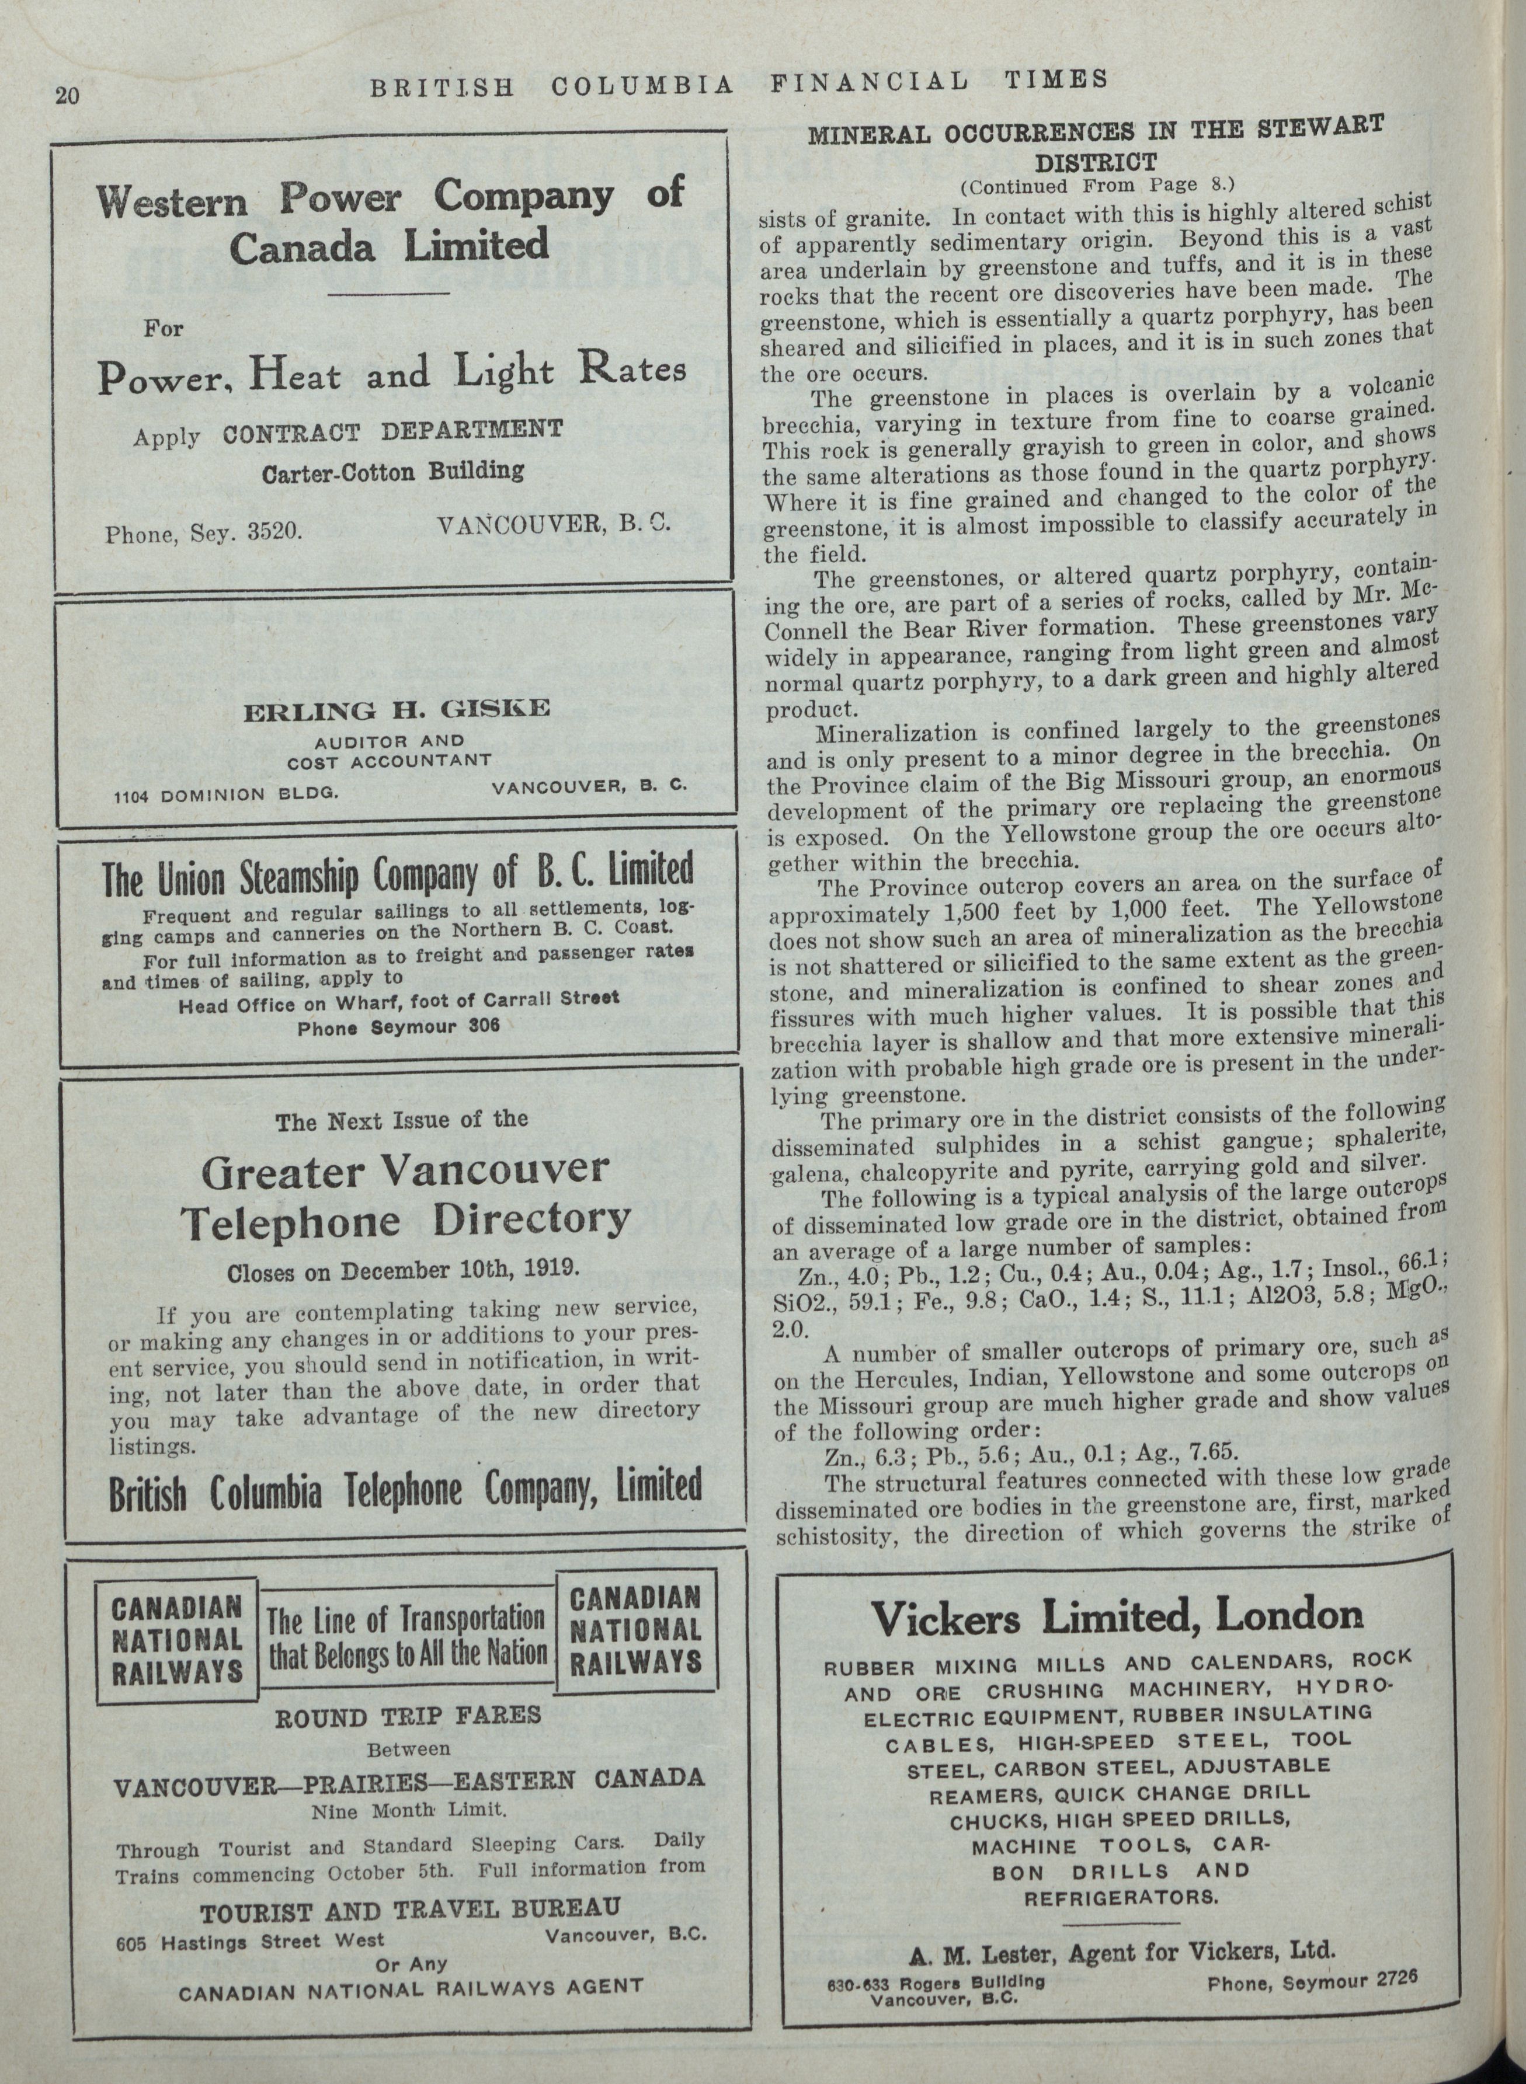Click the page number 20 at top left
(68, 96)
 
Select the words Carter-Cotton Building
(392, 472)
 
